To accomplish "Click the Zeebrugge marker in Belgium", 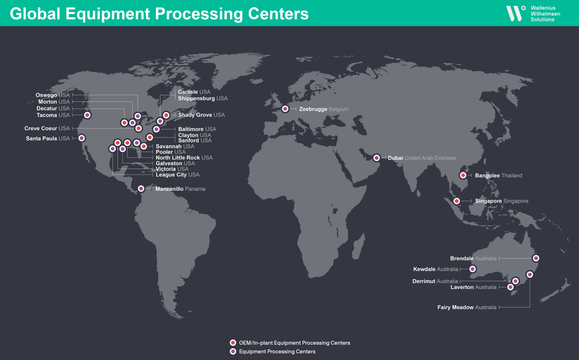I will (285, 109).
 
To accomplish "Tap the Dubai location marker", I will (377, 158).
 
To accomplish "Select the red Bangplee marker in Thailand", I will (463, 176).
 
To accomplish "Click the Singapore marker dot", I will (456, 201).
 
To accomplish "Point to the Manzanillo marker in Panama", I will (141, 189).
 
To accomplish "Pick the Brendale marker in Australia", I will (536, 258).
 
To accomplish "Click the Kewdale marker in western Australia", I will (472, 269).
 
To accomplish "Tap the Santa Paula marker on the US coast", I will (82, 138).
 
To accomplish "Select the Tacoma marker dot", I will (87, 115).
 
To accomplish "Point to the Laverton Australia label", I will (473, 287).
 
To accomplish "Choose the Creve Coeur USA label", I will (47, 128).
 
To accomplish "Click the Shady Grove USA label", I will (201, 115).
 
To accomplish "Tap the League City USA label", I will (177, 175).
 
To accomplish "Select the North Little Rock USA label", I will (184, 158).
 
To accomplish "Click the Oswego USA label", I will (52, 95).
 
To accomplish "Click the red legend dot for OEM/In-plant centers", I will (233, 343).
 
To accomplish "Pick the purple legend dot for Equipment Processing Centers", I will (233, 352).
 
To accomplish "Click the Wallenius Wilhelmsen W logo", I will (515, 13).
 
